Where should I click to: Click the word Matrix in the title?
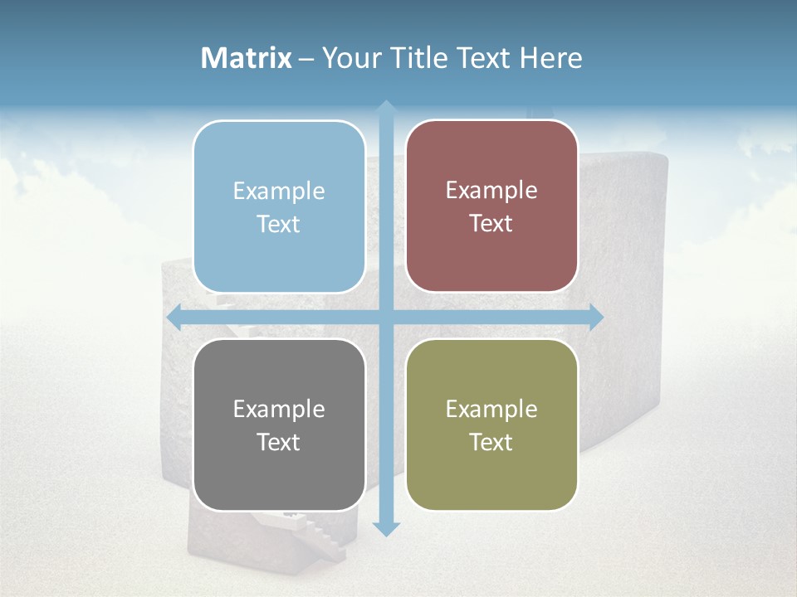point(247,58)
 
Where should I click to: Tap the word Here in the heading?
point(551,58)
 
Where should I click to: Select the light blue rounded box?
point(279,207)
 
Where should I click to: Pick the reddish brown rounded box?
point(491,206)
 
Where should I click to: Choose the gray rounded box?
point(279,425)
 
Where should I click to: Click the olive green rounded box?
point(491,425)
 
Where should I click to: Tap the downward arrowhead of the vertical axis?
point(385,528)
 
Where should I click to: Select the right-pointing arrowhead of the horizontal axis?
point(595,317)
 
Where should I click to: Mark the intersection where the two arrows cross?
point(385,317)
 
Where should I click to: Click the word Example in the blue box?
point(279,192)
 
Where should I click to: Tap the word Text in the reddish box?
point(491,224)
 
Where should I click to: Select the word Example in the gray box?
point(279,410)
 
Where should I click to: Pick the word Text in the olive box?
point(491,442)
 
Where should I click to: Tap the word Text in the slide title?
point(486,58)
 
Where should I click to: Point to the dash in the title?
point(306,59)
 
